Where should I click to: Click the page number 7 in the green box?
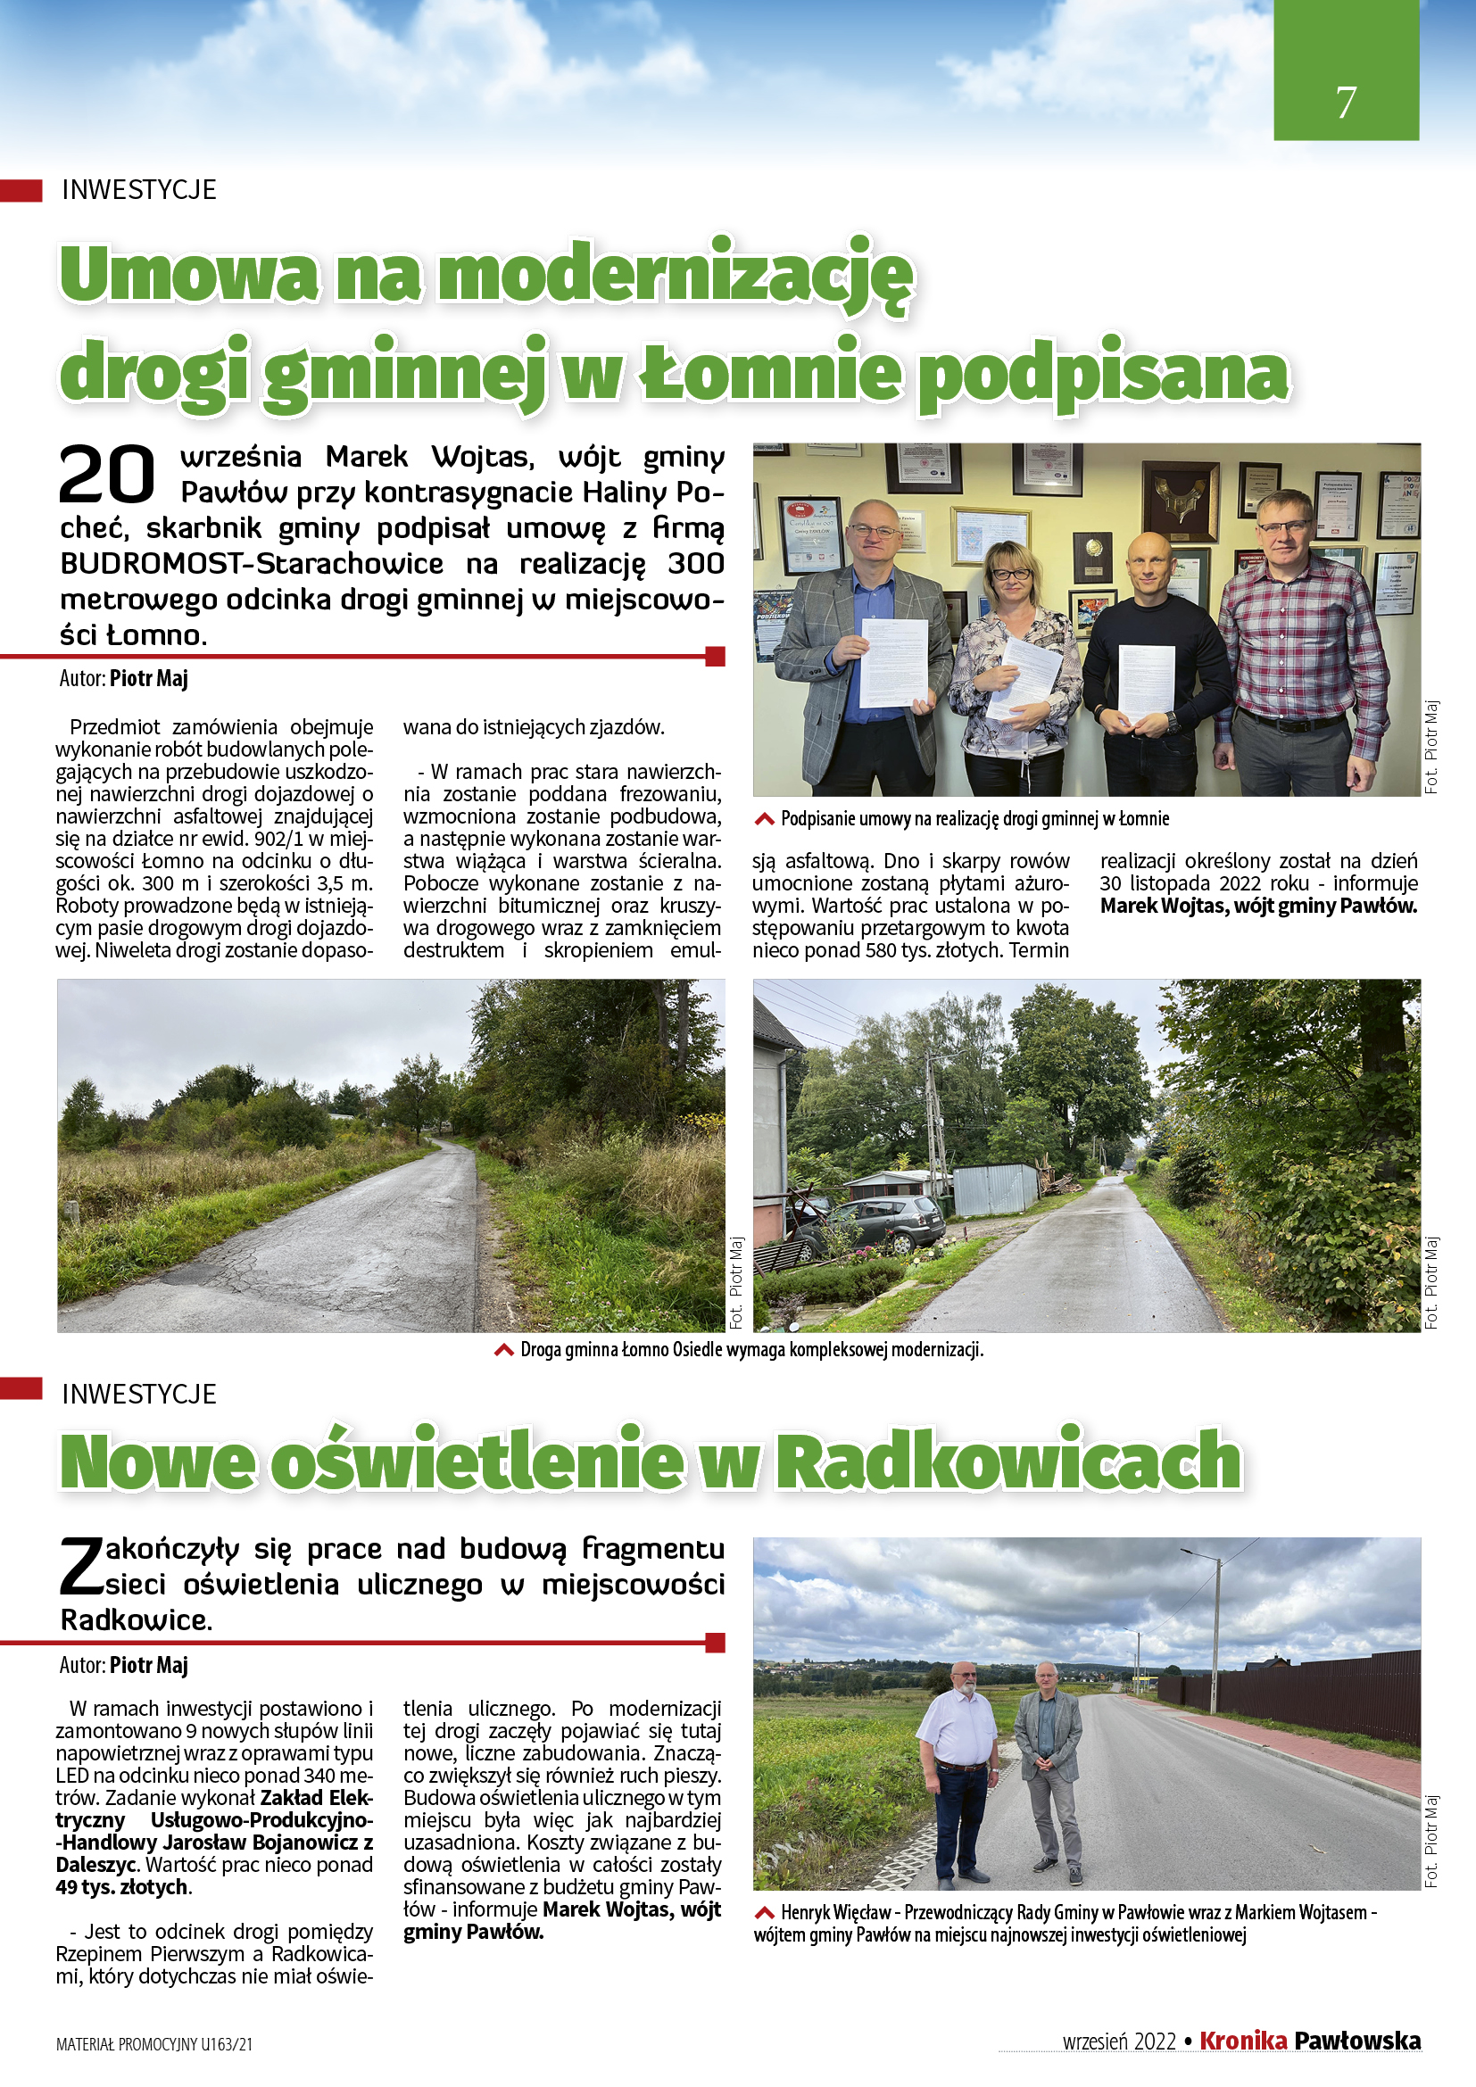(1345, 102)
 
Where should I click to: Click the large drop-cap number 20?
(107, 475)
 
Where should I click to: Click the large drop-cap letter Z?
(81, 1567)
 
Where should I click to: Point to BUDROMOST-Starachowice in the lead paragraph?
(252, 564)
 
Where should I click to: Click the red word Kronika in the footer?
(1242, 2041)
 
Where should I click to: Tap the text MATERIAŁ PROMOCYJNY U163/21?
(154, 2044)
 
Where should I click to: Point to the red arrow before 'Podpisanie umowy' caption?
(765, 819)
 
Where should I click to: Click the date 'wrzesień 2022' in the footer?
(1119, 2041)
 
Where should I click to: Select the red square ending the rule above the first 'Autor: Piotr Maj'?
(716, 656)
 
